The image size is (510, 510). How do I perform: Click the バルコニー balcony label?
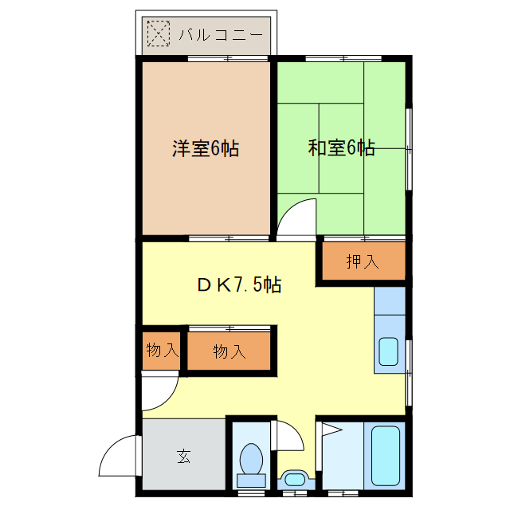click(220, 35)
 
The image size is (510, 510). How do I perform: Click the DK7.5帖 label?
click(237, 284)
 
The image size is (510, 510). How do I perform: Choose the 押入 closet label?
click(363, 261)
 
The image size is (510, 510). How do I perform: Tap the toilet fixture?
click(253, 462)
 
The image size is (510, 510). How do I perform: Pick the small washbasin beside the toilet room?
click(293, 480)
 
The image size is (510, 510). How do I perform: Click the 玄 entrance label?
click(183, 457)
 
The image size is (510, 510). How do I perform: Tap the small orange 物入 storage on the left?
click(162, 350)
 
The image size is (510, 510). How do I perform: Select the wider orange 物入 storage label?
click(229, 351)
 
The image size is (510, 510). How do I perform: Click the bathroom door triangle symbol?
click(329, 433)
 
